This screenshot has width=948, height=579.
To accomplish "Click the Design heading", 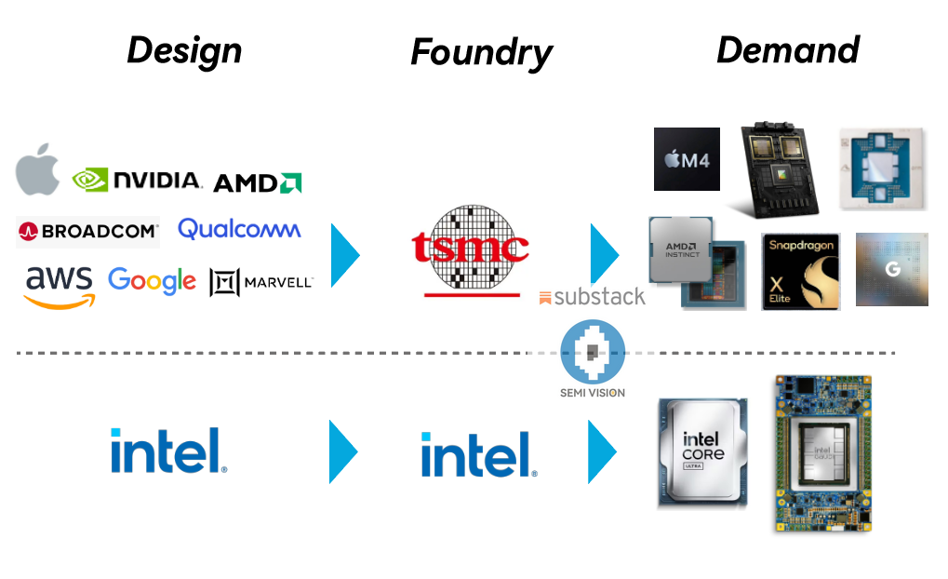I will (x=184, y=50).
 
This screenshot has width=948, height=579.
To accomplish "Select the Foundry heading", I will (x=481, y=54).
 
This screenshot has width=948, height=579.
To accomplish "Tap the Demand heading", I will (x=787, y=50).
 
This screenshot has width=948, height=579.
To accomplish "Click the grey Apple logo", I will (x=38, y=170).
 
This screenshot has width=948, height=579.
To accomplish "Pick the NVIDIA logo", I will (x=138, y=180).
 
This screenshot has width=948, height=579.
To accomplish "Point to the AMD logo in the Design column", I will (x=257, y=182).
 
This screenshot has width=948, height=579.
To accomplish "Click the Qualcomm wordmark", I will (x=239, y=229).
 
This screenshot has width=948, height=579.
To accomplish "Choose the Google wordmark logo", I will (x=152, y=280).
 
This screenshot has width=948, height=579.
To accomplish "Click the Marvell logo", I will (x=261, y=282).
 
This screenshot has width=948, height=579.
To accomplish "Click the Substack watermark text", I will (x=592, y=298).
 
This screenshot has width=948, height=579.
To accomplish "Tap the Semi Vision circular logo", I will (x=593, y=353).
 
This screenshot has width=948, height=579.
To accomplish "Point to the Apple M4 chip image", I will (x=687, y=159).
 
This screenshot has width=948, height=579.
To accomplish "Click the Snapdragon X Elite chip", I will (x=800, y=272).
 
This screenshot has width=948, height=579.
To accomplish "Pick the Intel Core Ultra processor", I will (x=702, y=452).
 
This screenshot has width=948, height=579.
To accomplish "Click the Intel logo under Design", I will (x=168, y=451).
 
